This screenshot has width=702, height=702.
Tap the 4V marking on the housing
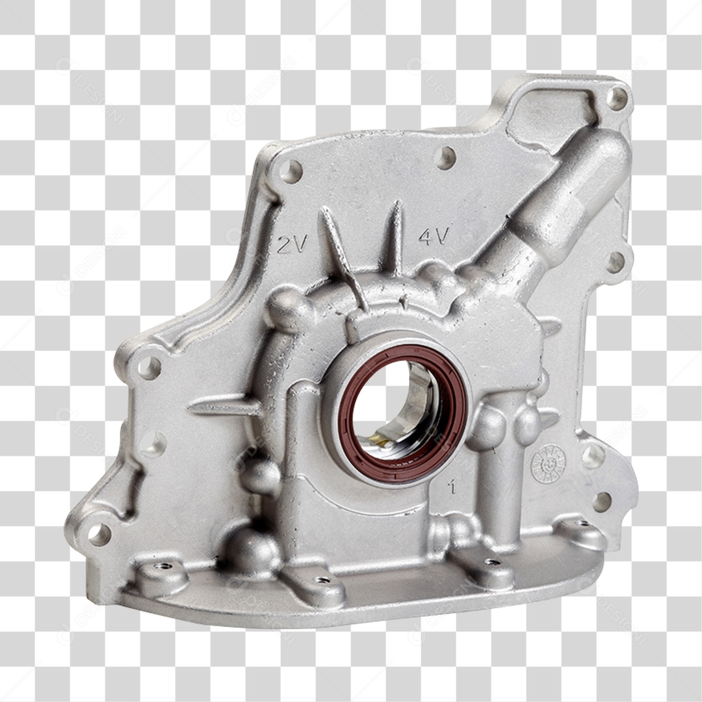(433, 235)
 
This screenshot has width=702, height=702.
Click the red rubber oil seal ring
(403, 414)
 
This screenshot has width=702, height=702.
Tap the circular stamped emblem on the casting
(548, 464)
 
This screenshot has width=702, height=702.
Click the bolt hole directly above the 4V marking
(445, 158)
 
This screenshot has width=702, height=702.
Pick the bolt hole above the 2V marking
(291, 172)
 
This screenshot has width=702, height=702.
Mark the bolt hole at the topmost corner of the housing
(616, 98)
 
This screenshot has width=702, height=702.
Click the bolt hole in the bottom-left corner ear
(99, 534)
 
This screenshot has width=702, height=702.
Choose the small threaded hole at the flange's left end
(162, 567)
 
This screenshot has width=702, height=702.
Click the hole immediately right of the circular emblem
(592, 456)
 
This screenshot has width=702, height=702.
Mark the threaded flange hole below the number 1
(492, 562)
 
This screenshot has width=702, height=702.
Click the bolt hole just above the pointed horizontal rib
(149, 368)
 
